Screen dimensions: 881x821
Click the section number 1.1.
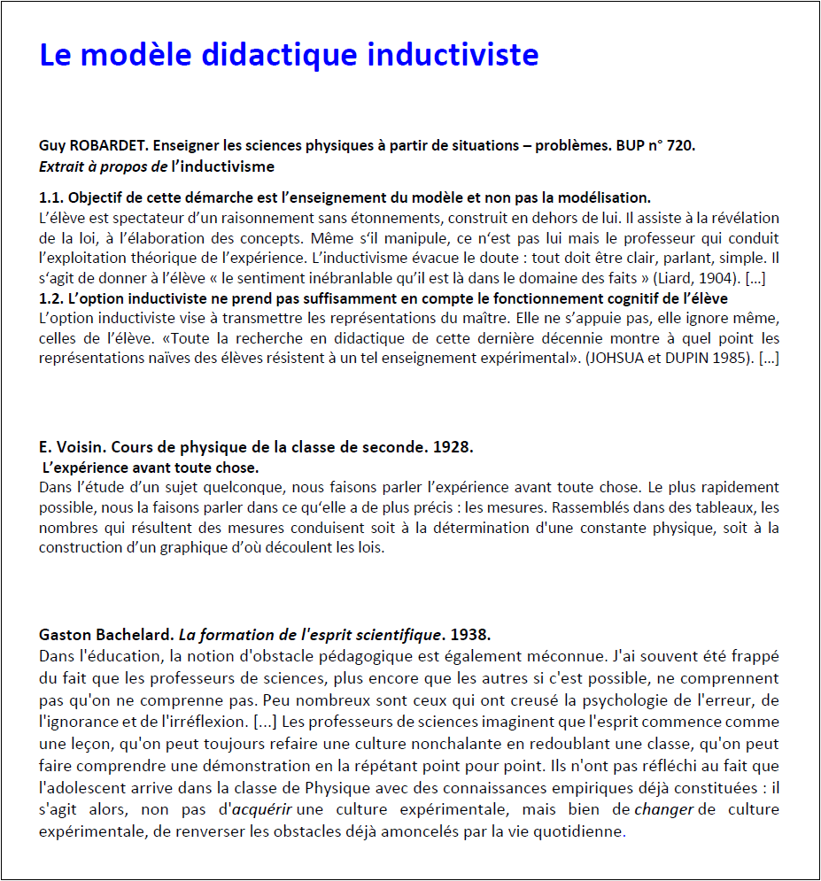tap(51, 197)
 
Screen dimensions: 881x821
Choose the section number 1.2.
tap(51, 298)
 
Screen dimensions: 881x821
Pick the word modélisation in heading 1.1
tap(607, 197)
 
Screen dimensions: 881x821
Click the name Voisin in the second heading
tap(79, 447)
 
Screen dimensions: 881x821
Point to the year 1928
tap(453, 447)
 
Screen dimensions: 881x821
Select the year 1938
tap(470, 635)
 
